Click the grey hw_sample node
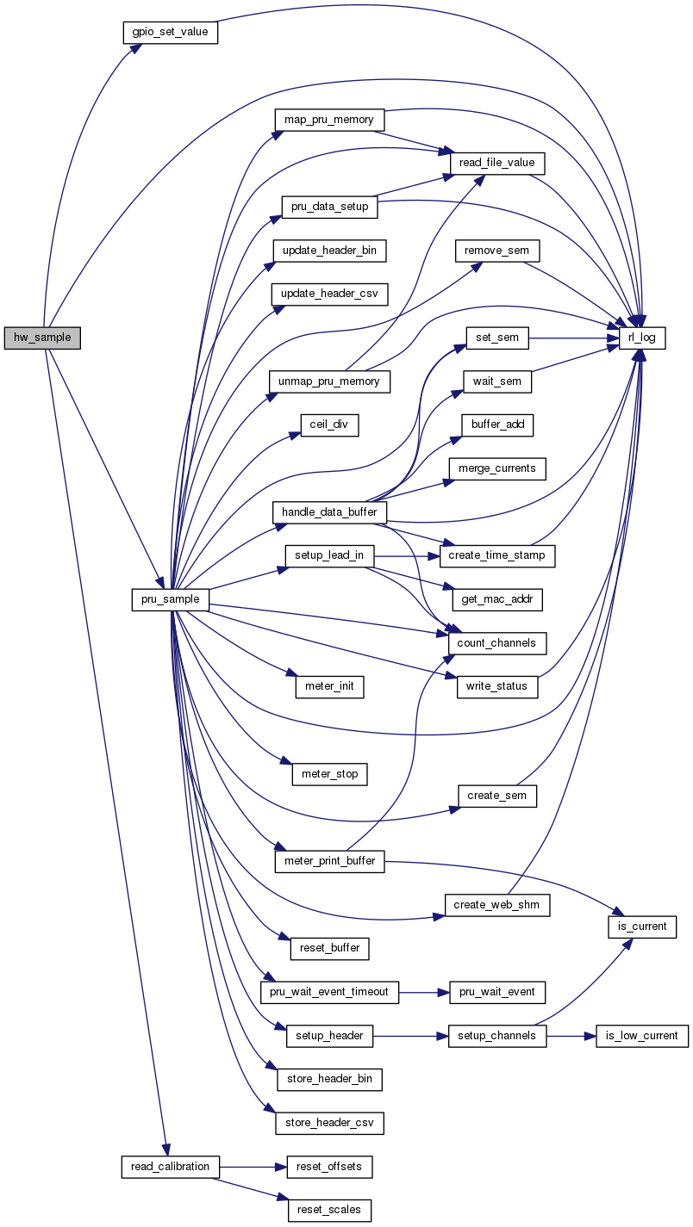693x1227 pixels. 42,338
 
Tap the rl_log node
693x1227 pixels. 642,338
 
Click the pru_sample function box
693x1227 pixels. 171,599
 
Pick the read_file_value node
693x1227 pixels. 497,162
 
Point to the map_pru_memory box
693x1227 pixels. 328,120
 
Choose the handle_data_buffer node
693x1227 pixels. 330,512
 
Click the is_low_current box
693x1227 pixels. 642,1036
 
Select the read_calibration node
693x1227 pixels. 170,1167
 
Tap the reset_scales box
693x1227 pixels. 330,1210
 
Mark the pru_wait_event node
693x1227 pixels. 497,992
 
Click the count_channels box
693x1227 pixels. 497,642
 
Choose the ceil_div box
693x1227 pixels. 328,424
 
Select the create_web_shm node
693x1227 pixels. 497,905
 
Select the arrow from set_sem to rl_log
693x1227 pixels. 573,338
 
